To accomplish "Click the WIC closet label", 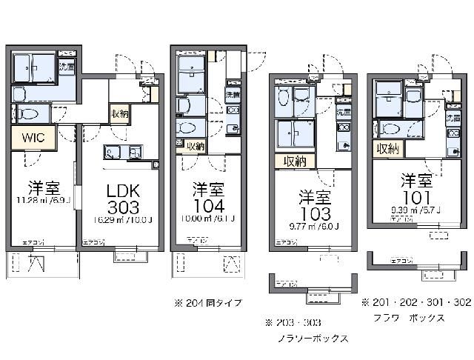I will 32,136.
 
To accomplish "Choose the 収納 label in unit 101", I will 388,149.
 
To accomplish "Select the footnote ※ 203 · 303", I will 294,322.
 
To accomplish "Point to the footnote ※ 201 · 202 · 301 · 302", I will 415,303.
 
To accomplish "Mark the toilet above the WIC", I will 30,114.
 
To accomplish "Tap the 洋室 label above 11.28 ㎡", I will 44,186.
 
